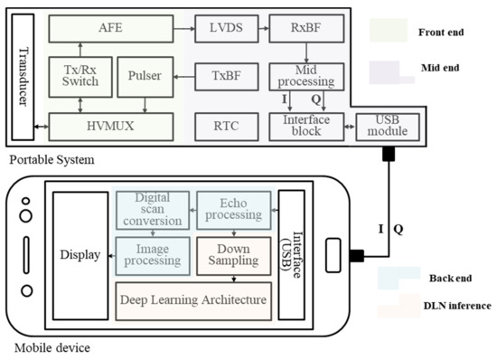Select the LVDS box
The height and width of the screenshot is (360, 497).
pyautogui.click(x=226, y=28)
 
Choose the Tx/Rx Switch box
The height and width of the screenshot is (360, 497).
pyautogui.click(x=79, y=79)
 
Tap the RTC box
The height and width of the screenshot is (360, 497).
pyautogui.click(x=226, y=126)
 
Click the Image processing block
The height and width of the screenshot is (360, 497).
pyautogui.click(x=151, y=254)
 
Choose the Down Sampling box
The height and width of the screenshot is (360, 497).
pyautogui.click(x=233, y=254)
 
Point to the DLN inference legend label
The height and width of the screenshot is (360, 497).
pyautogui.click(x=457, y=306)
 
